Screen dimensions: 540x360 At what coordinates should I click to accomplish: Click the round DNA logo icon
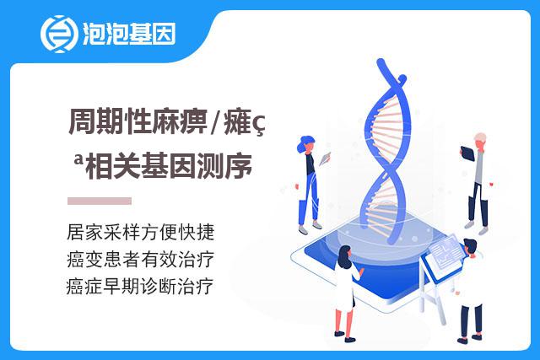pos(59,34)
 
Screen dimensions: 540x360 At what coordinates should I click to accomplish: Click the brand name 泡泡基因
pos(129,34)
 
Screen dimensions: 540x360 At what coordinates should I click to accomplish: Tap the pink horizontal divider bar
pos(100,201)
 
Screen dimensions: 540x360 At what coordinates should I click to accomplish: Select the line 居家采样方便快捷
pos(141,232)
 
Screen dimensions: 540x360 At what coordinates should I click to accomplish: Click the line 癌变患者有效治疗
pos(141,259)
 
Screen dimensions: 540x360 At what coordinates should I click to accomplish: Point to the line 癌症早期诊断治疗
pos(140,287)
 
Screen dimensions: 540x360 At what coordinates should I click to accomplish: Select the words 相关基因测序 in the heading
pos(169,166)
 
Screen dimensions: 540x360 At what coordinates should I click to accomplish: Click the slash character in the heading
pos(216,122)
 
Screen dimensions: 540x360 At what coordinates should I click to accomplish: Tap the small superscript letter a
pos(78,159)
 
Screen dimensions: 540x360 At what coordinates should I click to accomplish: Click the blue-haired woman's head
pos(305,144)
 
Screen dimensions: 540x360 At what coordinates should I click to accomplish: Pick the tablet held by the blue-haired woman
pos(325,159)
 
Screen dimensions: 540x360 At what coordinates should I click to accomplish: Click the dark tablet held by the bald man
pos(467,153)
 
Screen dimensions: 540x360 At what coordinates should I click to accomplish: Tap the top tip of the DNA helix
pos(381,62)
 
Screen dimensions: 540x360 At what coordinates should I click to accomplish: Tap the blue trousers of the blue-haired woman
pos(310,199)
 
